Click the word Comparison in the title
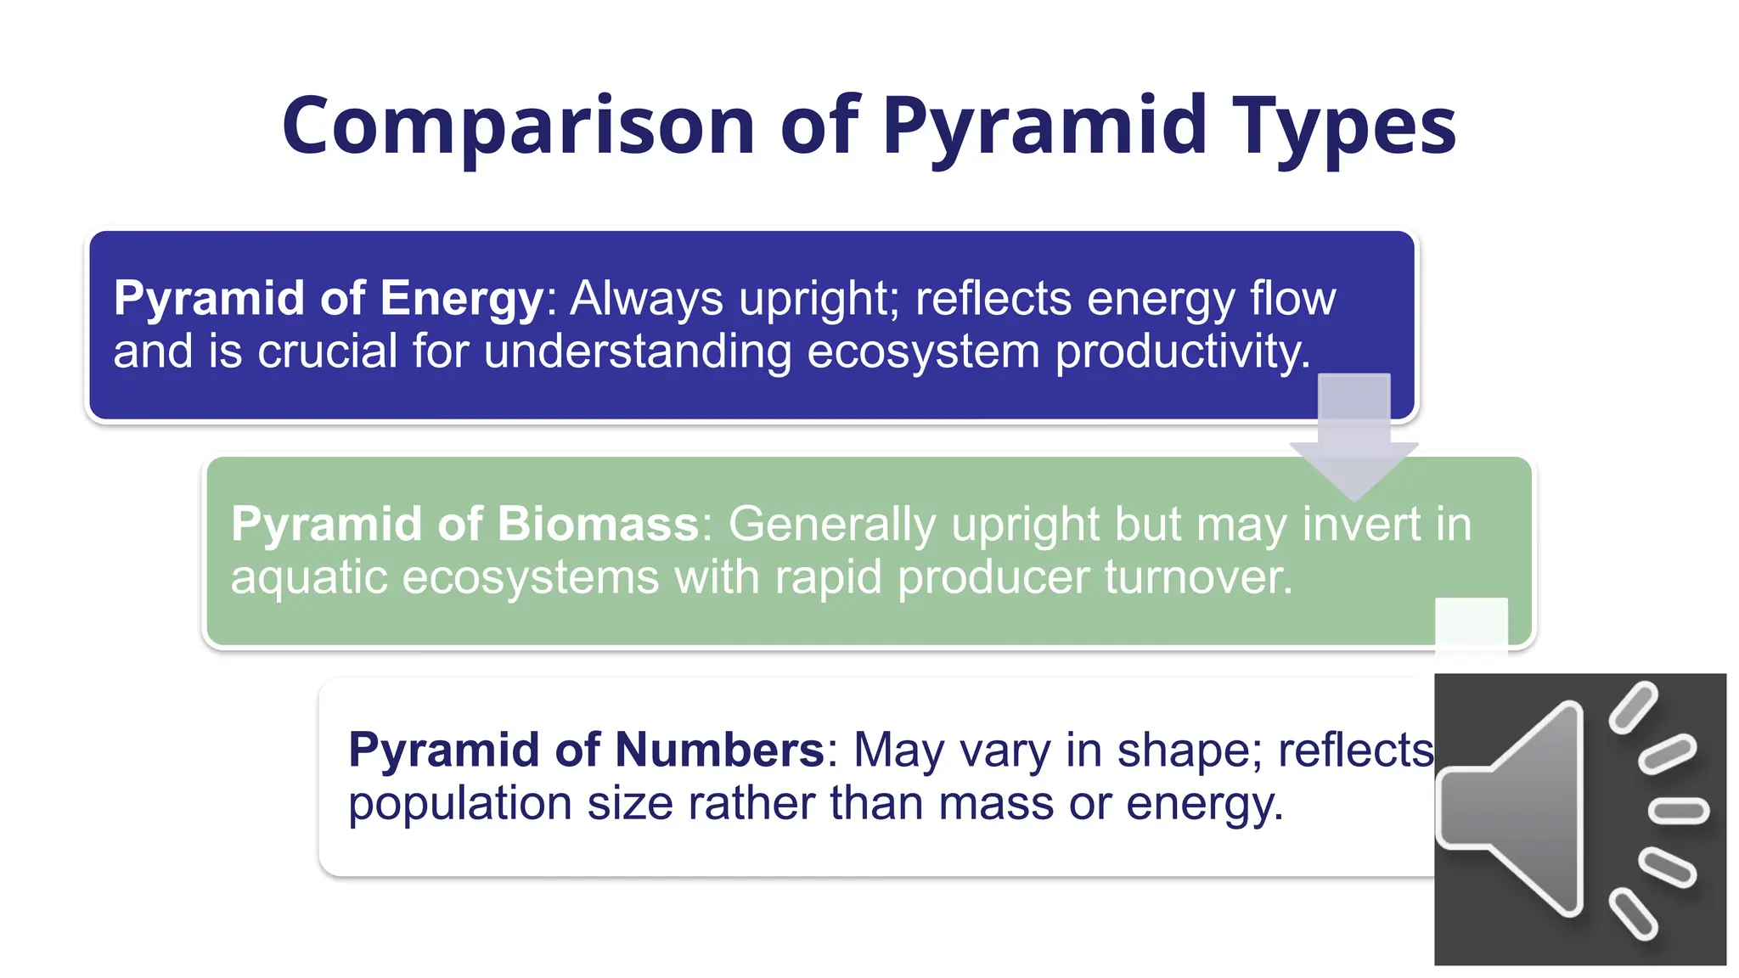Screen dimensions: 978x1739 pyautogui.click(x=518, y=127)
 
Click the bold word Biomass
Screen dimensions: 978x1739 pyautogui.click(x=598, y=524)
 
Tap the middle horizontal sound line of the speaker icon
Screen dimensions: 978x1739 pyautogui.click(x=1678, y=811)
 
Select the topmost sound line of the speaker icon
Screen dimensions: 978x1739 pyautogui.click(x=1633, y=706)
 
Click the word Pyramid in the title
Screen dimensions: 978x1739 pyautogui.click(x=1044, y=127)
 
